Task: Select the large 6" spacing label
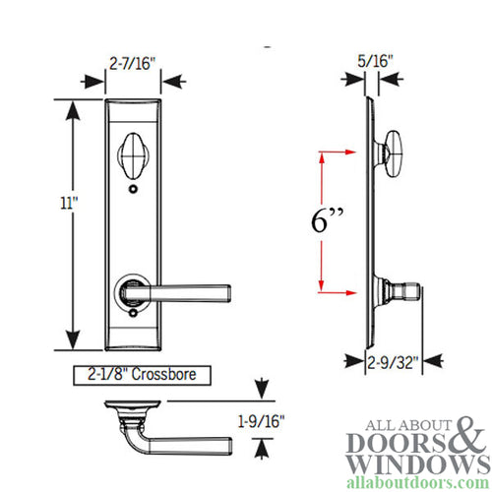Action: [322, 221]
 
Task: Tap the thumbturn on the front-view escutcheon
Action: [132, 157]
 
